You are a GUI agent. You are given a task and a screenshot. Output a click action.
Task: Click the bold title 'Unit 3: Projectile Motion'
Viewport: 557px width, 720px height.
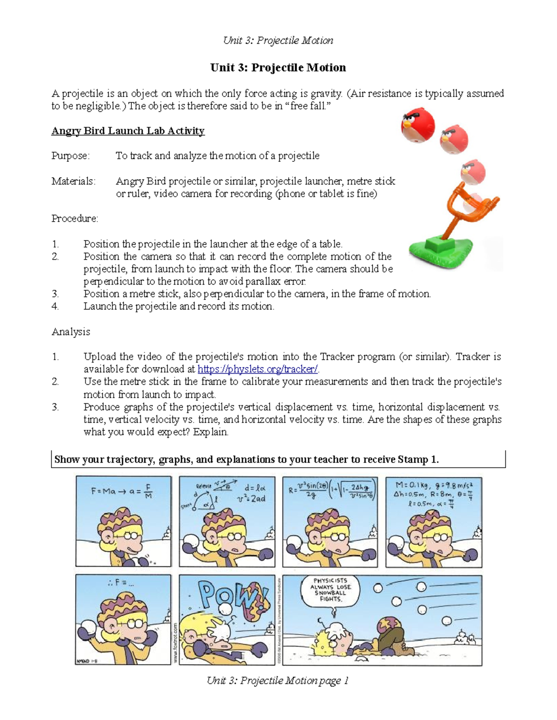click(x=278, y=68)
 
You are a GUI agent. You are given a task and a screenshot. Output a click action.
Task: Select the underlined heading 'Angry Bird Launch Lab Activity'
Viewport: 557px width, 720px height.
click(x=128, y=131)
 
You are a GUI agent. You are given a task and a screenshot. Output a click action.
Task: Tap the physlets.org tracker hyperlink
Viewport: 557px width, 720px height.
click(x=258, y=369)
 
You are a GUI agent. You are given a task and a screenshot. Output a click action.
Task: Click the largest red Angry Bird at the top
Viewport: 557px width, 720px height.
click(x=418, y=125)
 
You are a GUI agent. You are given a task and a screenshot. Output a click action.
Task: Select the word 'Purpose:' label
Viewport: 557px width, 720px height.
click(x=71, y=156)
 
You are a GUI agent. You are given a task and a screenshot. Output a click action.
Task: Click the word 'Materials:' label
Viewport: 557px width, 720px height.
click(x=73, y=181)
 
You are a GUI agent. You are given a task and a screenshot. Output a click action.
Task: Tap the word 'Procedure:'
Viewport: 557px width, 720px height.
click(x=75, y=218)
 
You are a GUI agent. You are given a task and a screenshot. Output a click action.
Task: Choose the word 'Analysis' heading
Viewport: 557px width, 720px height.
click(x=71, y=332)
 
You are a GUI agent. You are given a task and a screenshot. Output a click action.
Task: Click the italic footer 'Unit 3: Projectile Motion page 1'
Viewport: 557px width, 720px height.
click(x=277, y=681)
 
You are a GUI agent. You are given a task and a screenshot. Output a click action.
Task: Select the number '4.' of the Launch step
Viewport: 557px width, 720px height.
click(x=55, y=306)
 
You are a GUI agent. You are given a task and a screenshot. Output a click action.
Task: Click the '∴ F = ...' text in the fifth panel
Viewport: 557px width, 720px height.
click(x=121, y=583)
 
